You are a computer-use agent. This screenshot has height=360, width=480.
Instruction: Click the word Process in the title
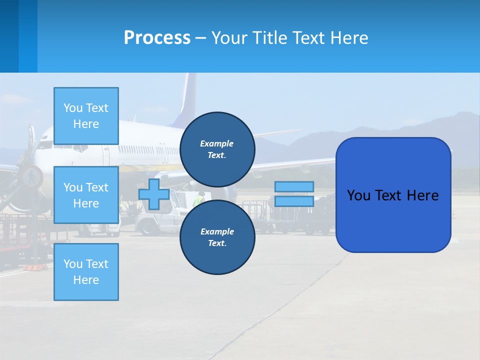click(x=157, y=38)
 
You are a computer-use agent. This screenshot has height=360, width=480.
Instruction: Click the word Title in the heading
click(x=269, y=38)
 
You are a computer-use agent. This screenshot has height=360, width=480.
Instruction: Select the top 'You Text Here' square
click(x=86, y=116)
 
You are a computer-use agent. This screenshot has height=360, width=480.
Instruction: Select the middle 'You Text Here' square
click(x=86, y=195)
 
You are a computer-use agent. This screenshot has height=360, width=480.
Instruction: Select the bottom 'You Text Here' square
click(x=86, y=271)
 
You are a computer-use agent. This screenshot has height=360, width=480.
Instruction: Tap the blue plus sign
click(x=154, y=194)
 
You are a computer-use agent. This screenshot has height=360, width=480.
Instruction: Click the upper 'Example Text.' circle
click(x=217, y=149)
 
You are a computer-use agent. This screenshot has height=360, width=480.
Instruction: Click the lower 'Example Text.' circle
click(x=217, y=237)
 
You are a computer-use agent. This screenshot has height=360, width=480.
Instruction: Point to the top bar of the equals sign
click(x=294, y=186)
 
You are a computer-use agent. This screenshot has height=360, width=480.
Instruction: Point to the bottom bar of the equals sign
click(x=294, y=201)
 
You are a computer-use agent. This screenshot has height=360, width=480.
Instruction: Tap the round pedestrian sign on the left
click(x=31, y=176)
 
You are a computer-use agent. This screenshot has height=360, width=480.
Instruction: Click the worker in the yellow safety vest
click(x=199, y=200)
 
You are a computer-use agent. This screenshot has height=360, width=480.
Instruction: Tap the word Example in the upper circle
click(x=217, y=143)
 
